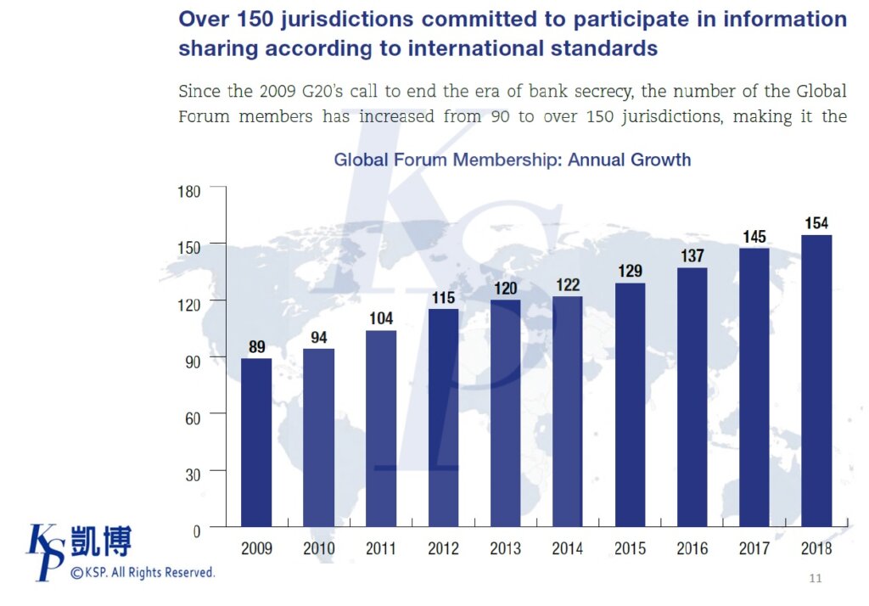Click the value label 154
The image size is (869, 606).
pos(816,224)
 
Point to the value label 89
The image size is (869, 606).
pos(256,347)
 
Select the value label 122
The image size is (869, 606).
pos(568,285)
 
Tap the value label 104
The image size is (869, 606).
pos(381,319)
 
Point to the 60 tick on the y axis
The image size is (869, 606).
pos(192,414)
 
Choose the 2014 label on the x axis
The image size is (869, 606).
pos(568,548)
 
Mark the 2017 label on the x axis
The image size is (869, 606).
pos(754,548)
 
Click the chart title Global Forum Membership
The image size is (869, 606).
pos(512,160)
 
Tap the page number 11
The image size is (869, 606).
pos(816,579)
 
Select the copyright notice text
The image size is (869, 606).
pos(143,573)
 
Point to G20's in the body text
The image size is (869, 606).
pos(309,92)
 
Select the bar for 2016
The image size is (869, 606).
pos(692,396)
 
